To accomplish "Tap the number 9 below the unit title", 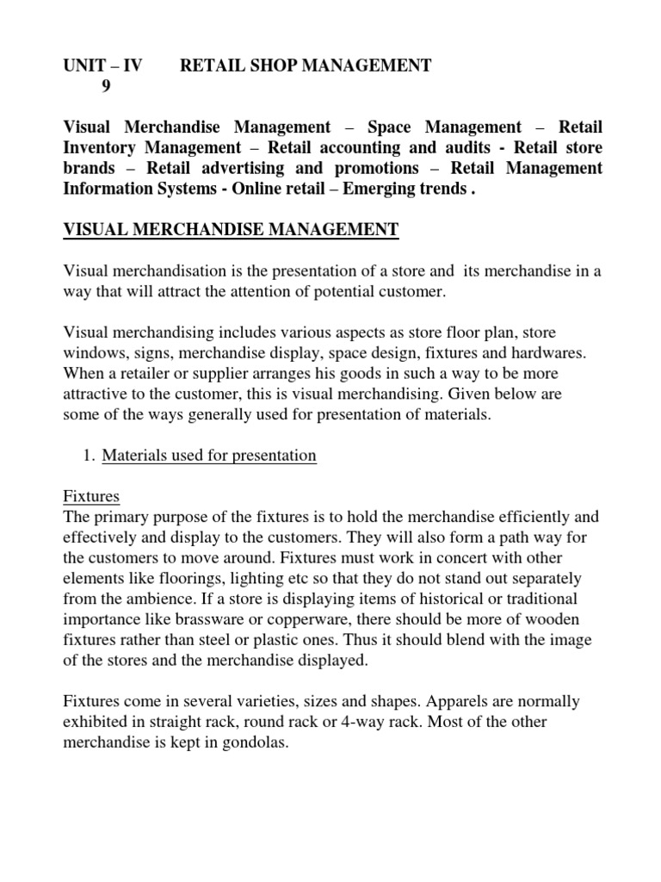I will coord(107,86).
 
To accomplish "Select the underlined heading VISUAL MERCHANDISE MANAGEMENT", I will coord(232,229).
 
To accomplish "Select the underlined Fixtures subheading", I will coord(92,497).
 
